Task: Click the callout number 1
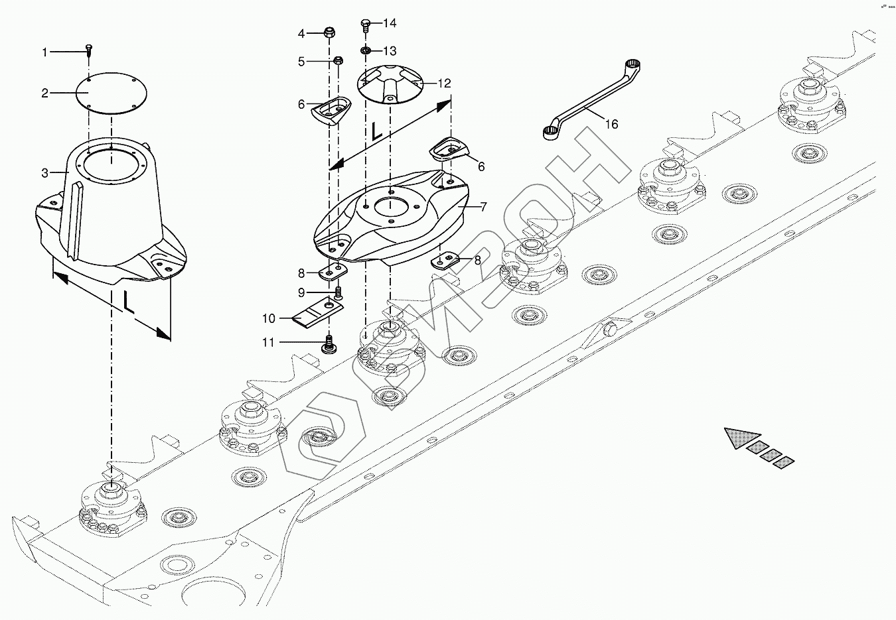(45, 52)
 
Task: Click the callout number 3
(45, 173)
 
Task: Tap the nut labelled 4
(329, 32)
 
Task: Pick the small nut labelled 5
(338, 62)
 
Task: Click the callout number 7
(483, 207)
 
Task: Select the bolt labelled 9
(338, 292)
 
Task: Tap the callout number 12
(443, 84)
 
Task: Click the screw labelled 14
(366, 25)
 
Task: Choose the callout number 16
(611, 124)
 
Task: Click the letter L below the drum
(129, 303)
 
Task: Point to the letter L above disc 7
(375, 131)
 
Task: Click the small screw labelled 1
(88, 50)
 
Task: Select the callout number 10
(268, 319)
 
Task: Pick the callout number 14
(390, 23)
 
